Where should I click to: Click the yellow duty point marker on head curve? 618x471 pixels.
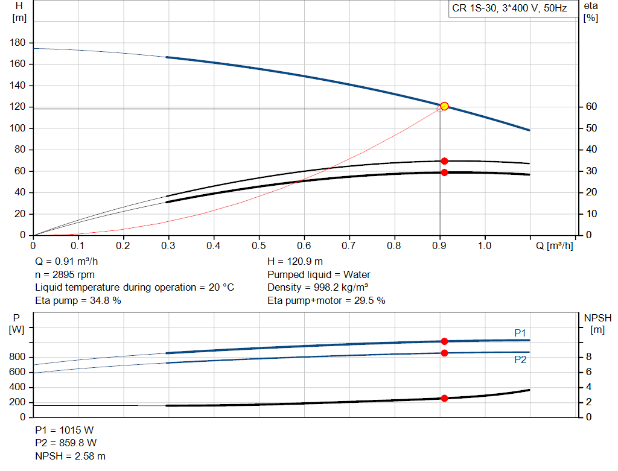[x=444, y=106]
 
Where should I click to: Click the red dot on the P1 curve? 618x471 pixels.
[x=444, y=341]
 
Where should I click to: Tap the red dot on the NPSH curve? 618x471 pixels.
[x=444, y=398]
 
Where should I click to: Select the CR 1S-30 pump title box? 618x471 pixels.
[x=509, y=9]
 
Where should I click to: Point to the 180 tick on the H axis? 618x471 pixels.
[x=19, y=43]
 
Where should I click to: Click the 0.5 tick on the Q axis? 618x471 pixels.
[x=259, y=246]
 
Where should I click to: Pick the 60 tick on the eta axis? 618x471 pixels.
[x=591, y=107]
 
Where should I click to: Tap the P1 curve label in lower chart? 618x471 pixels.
[x=520, y=333]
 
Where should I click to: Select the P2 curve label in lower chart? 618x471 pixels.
[x=520, y=359]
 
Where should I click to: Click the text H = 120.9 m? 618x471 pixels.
[x=296, y=262]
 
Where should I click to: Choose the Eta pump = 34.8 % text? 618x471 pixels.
[x=78, y=300]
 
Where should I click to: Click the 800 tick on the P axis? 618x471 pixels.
[x=18, y=357]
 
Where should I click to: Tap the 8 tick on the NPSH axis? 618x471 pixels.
[x=588, y=357]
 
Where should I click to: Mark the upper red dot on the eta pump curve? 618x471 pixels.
[x=444, y=161]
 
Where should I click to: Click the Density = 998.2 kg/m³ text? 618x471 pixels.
[x=318, y=288]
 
